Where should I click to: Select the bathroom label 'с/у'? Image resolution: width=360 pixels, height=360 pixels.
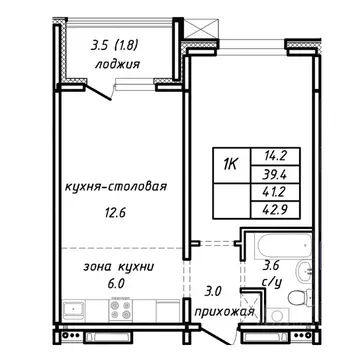(272, 283)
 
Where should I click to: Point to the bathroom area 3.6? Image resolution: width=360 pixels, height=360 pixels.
(272, 267)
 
